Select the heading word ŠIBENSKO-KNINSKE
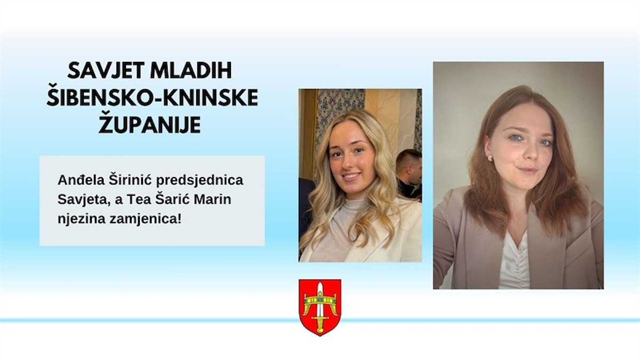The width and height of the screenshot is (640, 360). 152,98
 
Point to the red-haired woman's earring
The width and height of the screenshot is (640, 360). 490,158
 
